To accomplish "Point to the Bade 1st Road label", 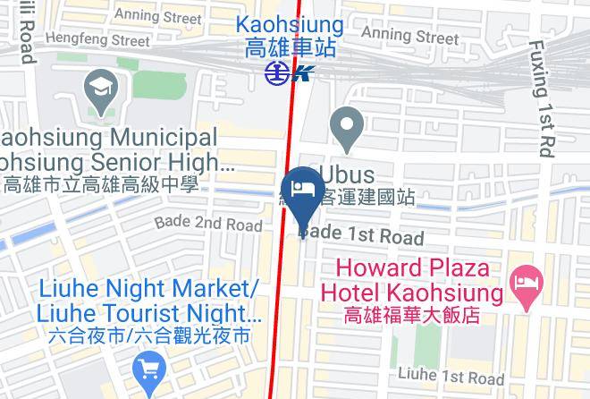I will pyautogui.click(x=361, y=235).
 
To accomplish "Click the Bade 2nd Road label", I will pyautogui.click(x=208, y=223).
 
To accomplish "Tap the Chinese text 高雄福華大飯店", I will pyautogui.click(x=412, y=315).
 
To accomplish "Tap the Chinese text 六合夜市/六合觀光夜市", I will pyautogui.click(x=150, y=337).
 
